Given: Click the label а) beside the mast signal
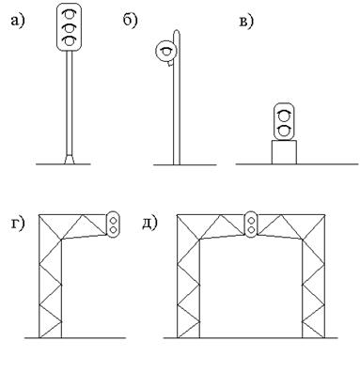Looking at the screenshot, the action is click(17, 22).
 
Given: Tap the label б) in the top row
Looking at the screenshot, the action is click(130, 21).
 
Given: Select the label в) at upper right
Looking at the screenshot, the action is click(246, 22).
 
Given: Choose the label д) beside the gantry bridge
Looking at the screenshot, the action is click(149, 224).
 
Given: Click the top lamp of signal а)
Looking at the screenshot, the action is click(69, 15).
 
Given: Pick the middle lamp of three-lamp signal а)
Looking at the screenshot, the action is click(69, 28).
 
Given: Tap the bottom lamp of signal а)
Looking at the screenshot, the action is click(69, 41).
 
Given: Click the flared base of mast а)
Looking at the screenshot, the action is click(70, 159).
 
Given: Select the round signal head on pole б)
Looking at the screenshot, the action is click(166, 51).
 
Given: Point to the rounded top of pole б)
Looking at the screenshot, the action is click(177, 33).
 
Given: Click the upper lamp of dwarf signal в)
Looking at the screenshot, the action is click(284, 116).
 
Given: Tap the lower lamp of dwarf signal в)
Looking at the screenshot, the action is click(284, 131).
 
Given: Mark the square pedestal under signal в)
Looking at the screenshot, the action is click(284, 152).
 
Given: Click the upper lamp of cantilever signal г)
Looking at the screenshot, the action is click(113, 220).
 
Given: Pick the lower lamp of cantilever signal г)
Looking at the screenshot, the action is click(113, 230).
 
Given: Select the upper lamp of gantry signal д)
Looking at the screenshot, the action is click(251, 220).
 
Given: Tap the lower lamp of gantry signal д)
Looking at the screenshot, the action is click(251, 230).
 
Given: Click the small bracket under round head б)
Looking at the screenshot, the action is click(170, 64).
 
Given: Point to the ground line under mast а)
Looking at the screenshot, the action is click(63, 164).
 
